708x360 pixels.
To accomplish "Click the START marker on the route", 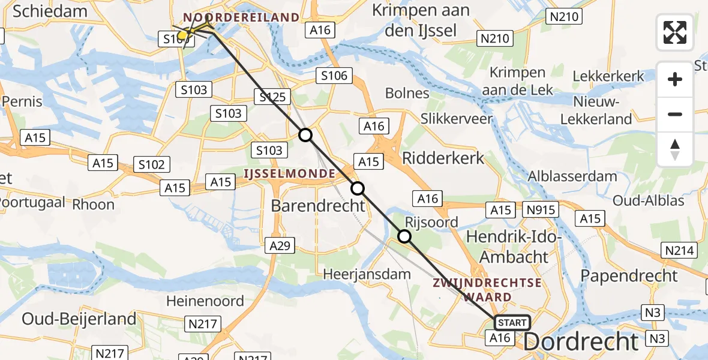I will tap(512, 323).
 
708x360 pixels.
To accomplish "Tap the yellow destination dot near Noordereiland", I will tap(182, 35).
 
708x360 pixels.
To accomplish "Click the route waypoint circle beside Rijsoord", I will tap(404, 236).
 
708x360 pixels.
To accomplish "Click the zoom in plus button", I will tap(675, 79).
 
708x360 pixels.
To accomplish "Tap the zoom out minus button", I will tap(675, 114).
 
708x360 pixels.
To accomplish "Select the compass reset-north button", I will tap(675, 149).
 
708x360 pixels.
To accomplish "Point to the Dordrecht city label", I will tap(581, 342).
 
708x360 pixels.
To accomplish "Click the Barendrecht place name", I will tap(318, 206).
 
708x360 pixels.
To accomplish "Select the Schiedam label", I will tap(40, 10).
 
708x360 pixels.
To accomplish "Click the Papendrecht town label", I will tap(629, 276).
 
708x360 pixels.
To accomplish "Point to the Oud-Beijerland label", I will tap(79, 319).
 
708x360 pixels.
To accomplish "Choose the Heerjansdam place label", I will tap(367, 274).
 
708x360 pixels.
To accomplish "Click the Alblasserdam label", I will tap(572, 176).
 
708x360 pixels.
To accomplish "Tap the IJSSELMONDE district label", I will tap(289, 174).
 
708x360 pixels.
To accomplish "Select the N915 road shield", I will tap(541, 209).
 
